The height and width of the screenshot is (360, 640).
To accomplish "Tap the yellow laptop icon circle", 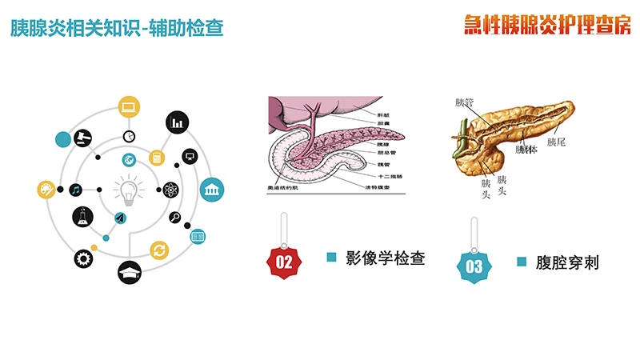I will tap(129, 106).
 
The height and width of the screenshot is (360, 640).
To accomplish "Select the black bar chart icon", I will tap(178, 122).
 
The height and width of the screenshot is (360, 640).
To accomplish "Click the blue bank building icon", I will tap(212, 189).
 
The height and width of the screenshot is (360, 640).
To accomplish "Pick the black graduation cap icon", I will tap(129, 273).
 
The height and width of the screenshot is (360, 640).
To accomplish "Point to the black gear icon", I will tap(82, 258).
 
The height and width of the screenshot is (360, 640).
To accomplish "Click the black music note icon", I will tap(76, 190).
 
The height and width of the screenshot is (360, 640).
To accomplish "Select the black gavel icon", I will tap(80, 137).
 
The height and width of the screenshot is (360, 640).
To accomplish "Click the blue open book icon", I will tap(198, 236).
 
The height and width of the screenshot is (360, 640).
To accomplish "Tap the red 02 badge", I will tap(283, 262).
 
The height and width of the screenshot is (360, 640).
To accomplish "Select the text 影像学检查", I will tap(384, 258).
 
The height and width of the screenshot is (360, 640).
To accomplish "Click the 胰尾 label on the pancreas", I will tap(557, 142).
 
